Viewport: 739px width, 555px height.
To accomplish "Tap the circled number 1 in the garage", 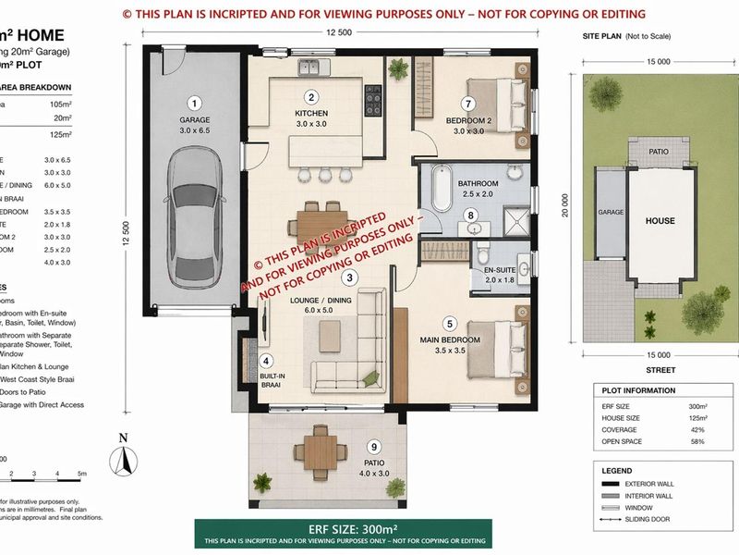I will [195, 103].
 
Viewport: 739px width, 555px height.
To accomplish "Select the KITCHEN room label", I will [311, 114].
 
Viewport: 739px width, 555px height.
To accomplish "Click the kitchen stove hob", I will [374, 95].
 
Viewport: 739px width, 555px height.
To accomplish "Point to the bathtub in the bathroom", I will [440, 190].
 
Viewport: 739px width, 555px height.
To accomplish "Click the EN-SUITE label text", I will [489, 270].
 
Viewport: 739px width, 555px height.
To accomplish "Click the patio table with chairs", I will [320, 450].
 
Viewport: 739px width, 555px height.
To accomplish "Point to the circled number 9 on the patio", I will [373, 447].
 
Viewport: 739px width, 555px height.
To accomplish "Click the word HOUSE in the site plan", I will [660, 221].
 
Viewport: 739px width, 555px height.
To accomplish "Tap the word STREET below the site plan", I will [660, 370].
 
